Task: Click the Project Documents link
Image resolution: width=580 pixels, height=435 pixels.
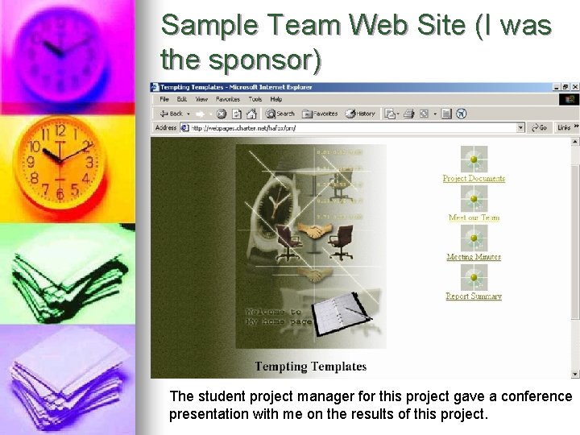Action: click(474, 178)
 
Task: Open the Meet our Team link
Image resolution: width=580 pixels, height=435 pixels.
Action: click(474, 217)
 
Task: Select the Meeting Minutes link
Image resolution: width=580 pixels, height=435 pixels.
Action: click(474, 257)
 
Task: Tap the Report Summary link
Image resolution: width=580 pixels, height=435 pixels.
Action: click(474, 296)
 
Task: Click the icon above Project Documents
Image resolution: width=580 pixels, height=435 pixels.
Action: click(474, 158)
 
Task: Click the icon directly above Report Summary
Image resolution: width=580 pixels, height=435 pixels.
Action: click(474, 277)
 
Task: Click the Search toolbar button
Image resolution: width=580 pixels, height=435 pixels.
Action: click(281, 114)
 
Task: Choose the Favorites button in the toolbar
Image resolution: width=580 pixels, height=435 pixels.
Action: click(320, 114)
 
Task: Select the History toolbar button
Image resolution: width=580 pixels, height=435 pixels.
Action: click(361, 114)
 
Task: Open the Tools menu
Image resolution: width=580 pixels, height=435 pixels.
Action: click(255, 99)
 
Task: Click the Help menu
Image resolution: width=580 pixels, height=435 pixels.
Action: click(276, 99)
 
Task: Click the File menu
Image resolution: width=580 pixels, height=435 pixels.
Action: click(164, 99)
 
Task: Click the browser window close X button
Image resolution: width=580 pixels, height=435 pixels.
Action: click(574, 87)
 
